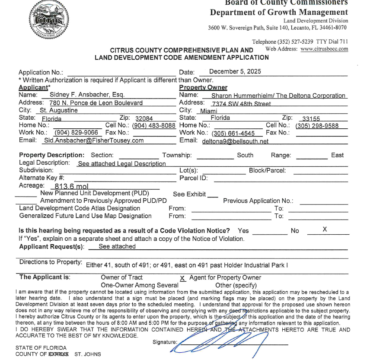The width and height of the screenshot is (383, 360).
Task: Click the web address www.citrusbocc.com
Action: [x=324, y=49]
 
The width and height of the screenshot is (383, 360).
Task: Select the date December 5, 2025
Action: [x=235, y=72]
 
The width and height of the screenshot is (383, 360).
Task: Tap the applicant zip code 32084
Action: [x=144, y=118]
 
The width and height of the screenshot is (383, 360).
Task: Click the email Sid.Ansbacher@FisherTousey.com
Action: [x=94, y=140]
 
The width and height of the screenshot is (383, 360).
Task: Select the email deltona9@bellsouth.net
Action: [x=235, y=141]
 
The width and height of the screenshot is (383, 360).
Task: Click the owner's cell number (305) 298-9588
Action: [x=317, y=126]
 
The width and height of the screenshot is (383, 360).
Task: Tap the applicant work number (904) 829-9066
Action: [x=76, y=133]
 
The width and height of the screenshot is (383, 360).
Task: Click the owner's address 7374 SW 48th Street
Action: [x=241, y=104]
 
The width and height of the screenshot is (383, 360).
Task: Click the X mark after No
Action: [x=325, y=229]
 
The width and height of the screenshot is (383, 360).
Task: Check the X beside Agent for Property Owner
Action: [x=182, y=278]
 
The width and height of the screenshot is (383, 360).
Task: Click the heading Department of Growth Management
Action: [x=279, y=12]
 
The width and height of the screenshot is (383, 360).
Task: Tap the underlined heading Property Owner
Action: [x=203, y=88]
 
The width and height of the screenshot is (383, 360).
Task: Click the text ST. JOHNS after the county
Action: [x=88, y=354]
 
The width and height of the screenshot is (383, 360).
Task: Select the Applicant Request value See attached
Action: [x=117, y=246]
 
